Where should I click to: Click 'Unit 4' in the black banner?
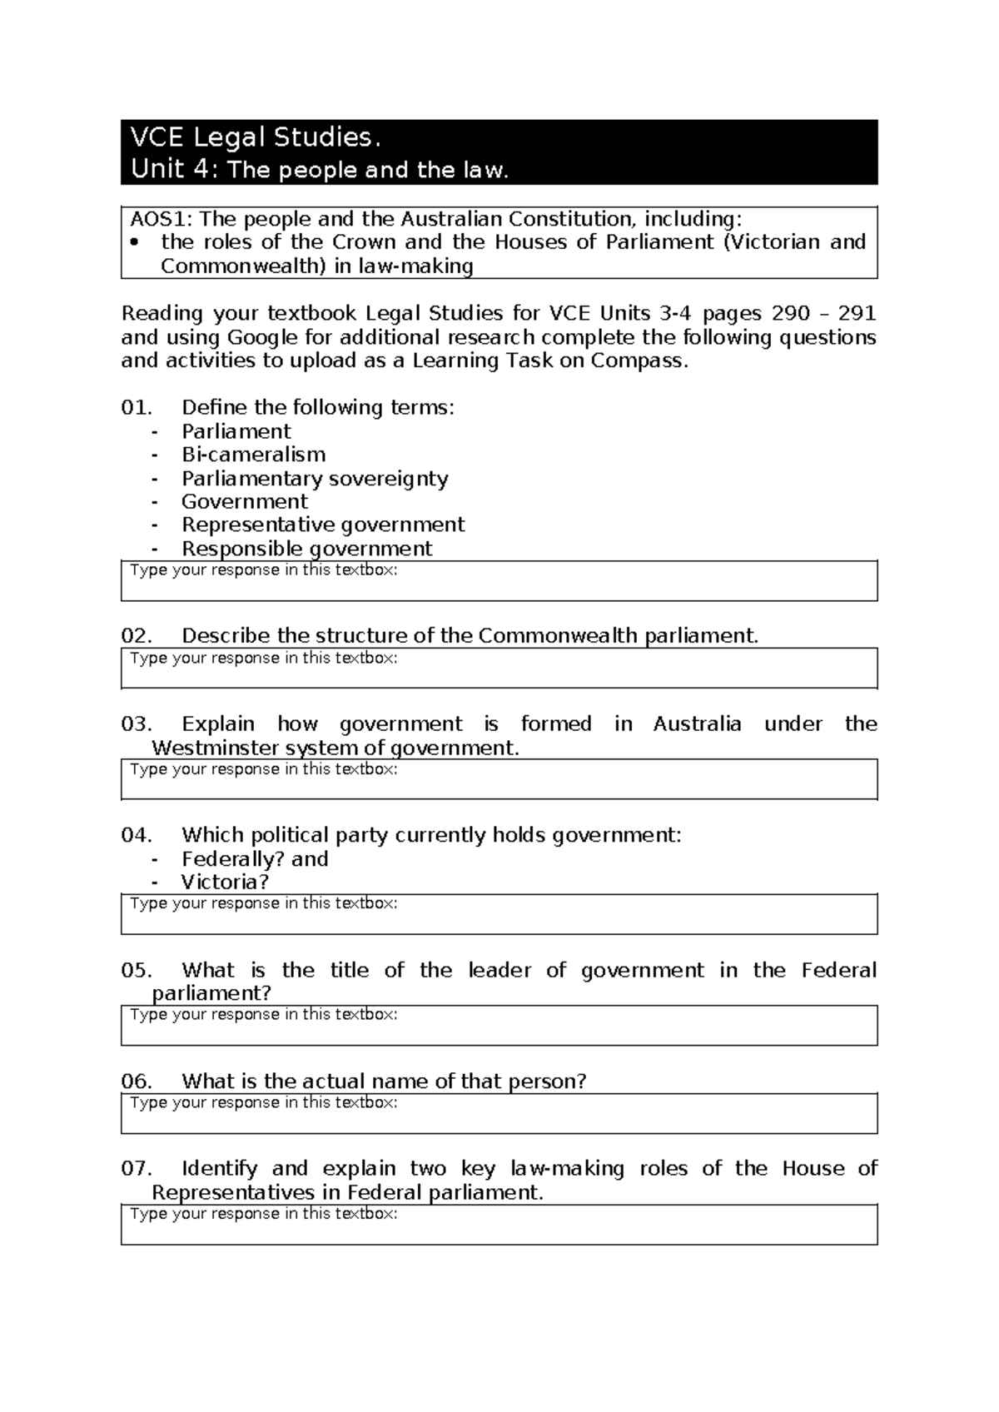tap(170, 170)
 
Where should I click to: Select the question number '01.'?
tap(137, 407)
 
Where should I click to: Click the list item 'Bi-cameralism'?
tap(253, 455)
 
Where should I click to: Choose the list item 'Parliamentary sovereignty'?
tap(315, 479)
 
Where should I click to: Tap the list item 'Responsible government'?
tap(306, 549)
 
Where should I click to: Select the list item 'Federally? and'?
tap(255, 858)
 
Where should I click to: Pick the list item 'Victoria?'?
tap(225, 882)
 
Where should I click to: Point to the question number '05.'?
tap(137, 970)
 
